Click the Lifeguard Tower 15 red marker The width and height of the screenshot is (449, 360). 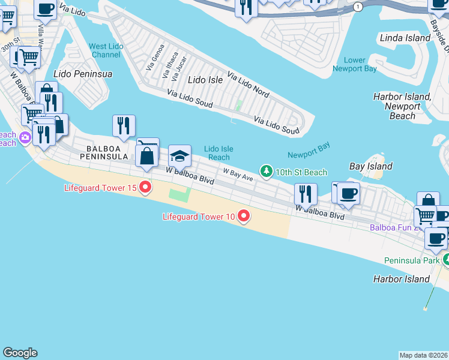point(145,187)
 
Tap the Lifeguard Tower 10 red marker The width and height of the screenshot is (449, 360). point(244,215)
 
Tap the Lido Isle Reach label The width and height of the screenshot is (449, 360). point(218,153)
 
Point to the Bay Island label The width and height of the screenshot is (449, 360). point(371,166)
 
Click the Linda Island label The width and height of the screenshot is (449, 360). point(405,38)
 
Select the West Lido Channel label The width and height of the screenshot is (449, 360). point(106,50)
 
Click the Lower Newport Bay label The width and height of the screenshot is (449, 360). point(355,64)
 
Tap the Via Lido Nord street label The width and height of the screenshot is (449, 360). point(248,85)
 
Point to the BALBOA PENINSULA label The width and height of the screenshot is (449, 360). point(107,152)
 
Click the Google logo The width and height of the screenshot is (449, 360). point(20,353)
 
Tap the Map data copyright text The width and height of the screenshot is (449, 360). point(423,355)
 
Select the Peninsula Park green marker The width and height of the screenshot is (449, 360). point(447,259)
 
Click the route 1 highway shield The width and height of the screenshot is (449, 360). point(358,7)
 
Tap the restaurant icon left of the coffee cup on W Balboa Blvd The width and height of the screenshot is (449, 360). point(306,194)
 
